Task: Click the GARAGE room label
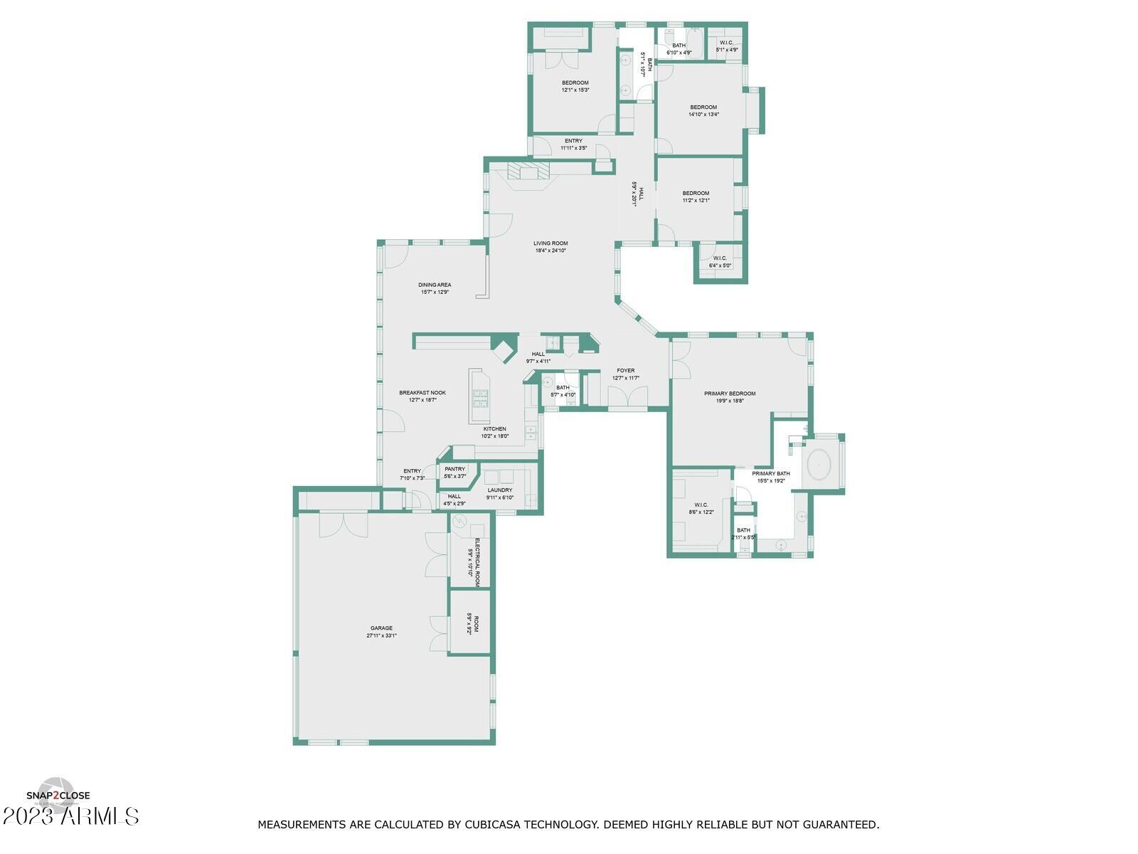381,628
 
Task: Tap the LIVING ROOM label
551,243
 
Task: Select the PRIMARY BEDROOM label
730,394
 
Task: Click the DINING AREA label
435,285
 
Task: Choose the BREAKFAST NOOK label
422,393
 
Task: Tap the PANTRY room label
454,469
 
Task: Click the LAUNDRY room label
500,490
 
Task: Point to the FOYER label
626,371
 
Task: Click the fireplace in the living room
529,173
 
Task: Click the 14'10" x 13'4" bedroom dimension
703,114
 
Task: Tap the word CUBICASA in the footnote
491,825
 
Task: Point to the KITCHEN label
494,429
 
